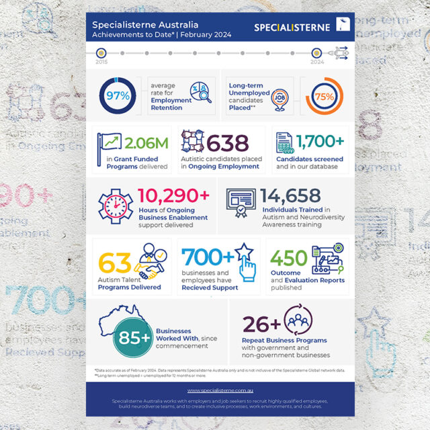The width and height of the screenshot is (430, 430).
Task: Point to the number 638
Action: (x=228, y=142)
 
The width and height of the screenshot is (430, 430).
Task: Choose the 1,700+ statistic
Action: (x=319, y=141)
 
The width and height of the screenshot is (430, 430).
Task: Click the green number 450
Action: (x=290, y=257)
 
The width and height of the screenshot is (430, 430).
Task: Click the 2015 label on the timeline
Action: (x=101, y=61)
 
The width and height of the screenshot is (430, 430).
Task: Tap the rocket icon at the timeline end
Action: (x=341, y=51)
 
